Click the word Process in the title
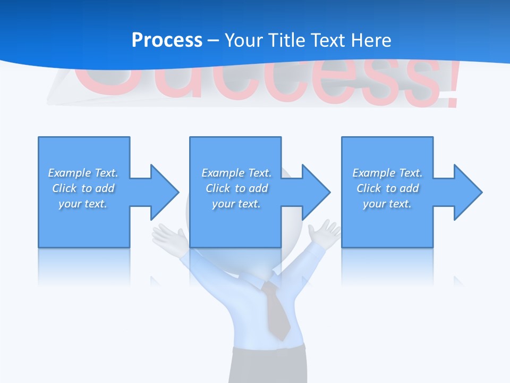click(x=167, y=40)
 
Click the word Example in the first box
click(x=69, y=173)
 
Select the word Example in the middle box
click(x=223, y=173)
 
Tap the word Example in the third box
click(x=373, y=173)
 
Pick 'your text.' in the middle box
click(x=236, y=204)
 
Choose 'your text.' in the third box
click(x=387, y=204)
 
